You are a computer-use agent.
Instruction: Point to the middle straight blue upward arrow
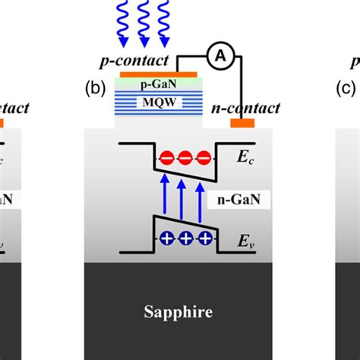click(182, 200)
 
